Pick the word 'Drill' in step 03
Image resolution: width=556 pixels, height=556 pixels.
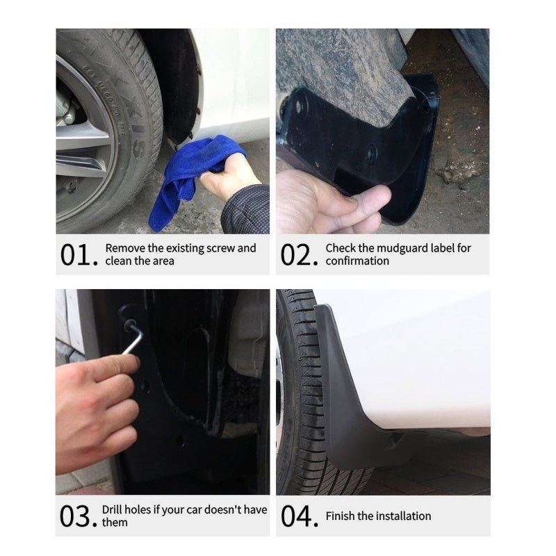pyautogui.click(x=115, y=510)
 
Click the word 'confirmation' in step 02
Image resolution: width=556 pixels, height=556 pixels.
pyautogui.click(x=357, y=261)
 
